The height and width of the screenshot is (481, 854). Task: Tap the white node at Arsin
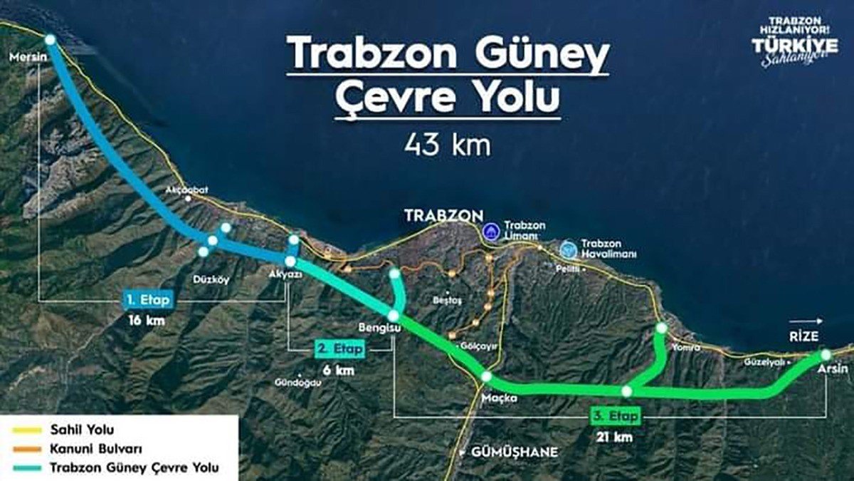(826, 354)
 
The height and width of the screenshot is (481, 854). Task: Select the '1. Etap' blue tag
(145, 301)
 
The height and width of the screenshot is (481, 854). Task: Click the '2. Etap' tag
(339, 349)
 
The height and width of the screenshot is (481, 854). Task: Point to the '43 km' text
(448, 145)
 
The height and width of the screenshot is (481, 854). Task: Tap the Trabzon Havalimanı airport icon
(568, 249)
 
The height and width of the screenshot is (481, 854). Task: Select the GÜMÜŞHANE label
(515, 452)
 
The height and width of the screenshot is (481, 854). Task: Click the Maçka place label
(498, 398)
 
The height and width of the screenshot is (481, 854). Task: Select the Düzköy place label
(211, 279)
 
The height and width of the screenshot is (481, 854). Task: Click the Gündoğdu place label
(297, 383)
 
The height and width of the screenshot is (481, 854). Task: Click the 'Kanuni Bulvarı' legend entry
(96, 449)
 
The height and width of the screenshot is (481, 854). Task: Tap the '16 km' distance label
(146, 321)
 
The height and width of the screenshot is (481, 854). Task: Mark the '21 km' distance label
(615, 437)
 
